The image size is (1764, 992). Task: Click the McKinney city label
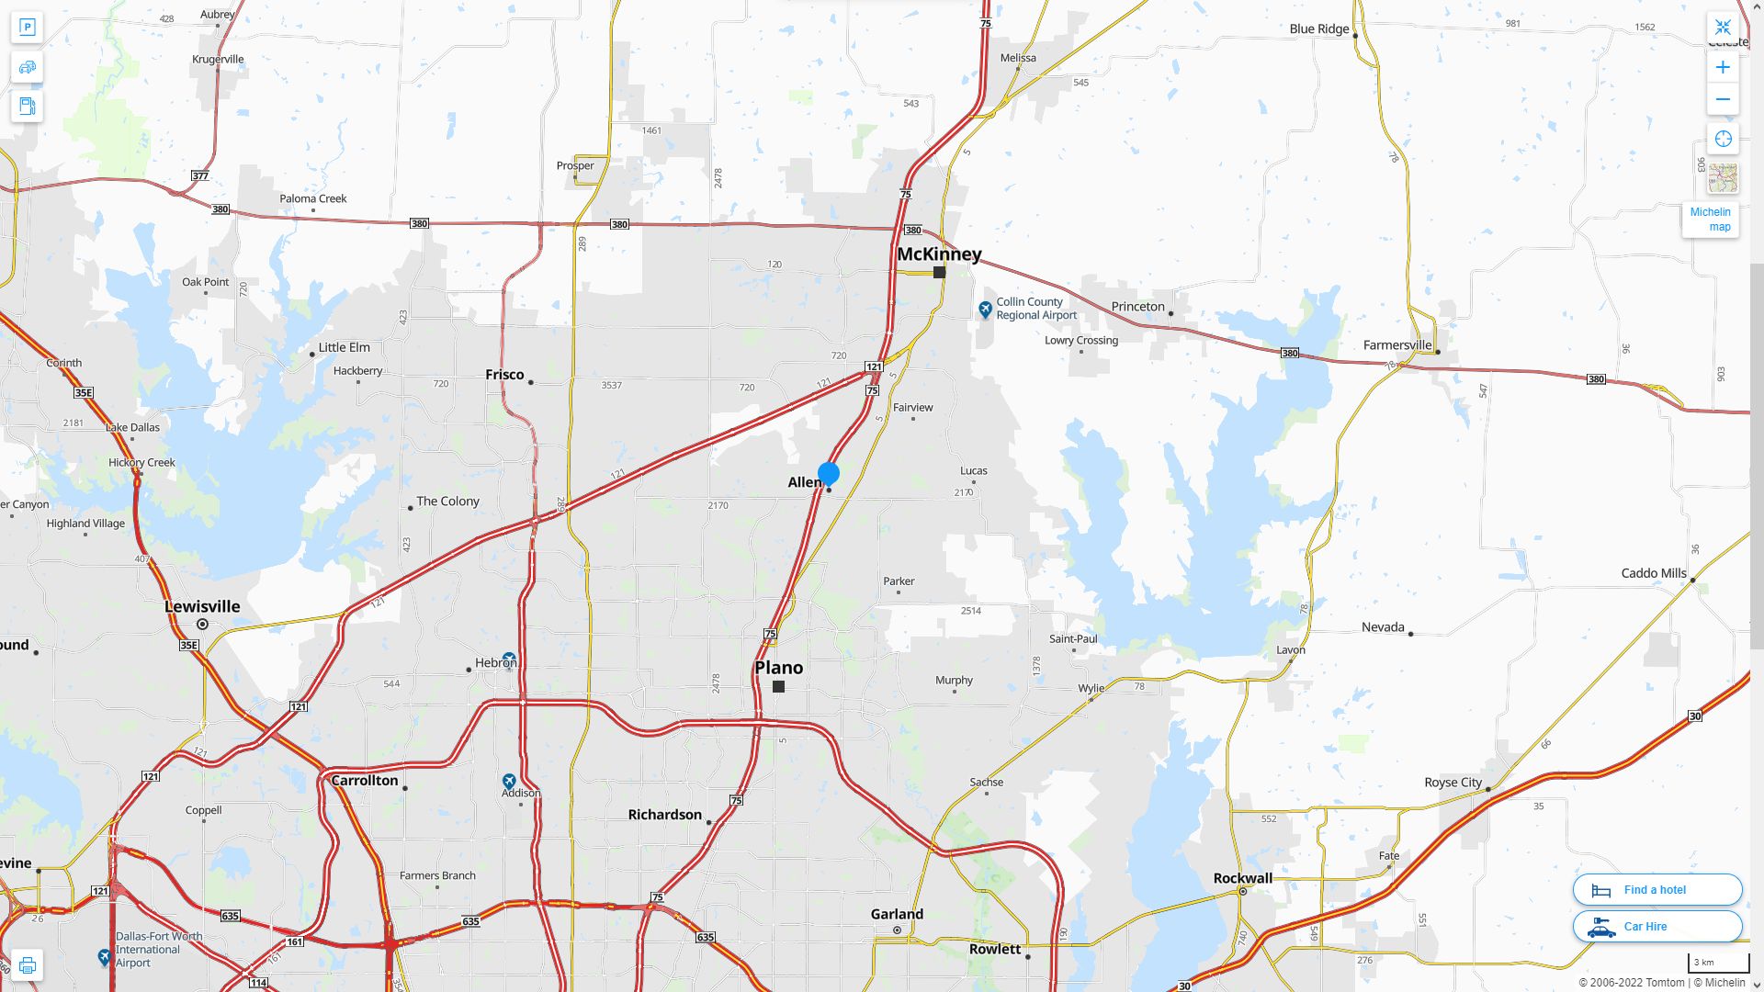click(x=939, y=254)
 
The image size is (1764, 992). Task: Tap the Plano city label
click(x=778, y=668)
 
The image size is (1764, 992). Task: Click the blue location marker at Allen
click(x=828, y=474)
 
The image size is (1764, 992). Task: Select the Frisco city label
click(x=504, y=375)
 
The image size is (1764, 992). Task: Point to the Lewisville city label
click(x=202, y=607)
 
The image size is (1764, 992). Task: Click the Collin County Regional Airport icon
click(x=985, y=310)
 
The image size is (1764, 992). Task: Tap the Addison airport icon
click(x=509, y=782)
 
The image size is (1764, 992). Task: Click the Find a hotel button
click(x=1657, y=890)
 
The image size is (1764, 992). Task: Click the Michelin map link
click(x=1710, y=220)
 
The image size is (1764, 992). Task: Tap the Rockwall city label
click(x=1242, y=879)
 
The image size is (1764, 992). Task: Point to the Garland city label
click(x=897, y=915)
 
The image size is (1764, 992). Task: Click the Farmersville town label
click(x=1396, y=346)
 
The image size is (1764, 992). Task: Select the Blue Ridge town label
click(x=1318, y=29)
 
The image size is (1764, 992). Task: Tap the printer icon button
click(x=28, y=965)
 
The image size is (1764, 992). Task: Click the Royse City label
click(x=1453, y=783)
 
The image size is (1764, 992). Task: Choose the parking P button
click(x=28, y=28)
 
